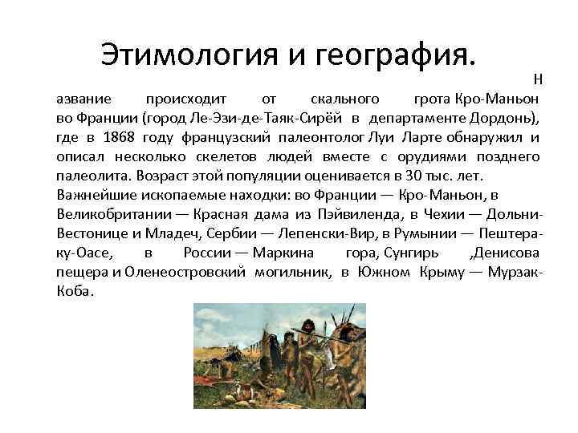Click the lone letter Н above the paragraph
coord(538,79)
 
